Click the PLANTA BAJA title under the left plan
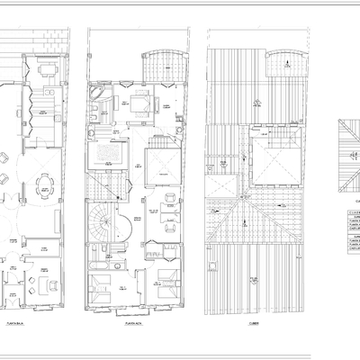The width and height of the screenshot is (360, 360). pyautogui.click(x=13, y=319)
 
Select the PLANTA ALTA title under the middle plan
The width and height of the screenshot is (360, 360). pyautogui.click(x=135, y=319)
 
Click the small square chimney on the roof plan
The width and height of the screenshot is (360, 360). pyautogui.click(x=211, y=266)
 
